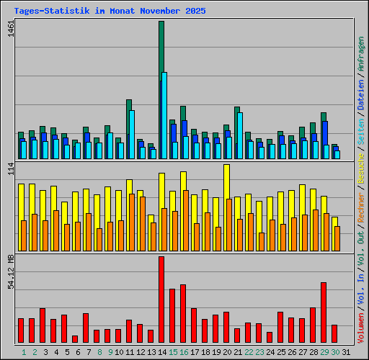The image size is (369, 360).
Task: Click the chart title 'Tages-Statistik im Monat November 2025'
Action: (110, 12)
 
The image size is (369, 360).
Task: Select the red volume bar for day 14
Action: (161, 300)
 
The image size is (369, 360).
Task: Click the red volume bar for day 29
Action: (324, 312)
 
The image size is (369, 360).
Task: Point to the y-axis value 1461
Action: (9, 32)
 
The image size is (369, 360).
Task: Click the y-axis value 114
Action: (9, 170)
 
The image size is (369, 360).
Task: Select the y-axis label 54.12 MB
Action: (9, 271)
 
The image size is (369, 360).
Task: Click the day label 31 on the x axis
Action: (346, 352)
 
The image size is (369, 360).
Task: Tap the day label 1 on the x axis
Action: (24, 352)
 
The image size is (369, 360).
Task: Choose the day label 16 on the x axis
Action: (184, 352)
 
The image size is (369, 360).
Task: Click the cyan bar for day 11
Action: (132, 134)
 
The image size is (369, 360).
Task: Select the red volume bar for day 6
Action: (75, 339)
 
